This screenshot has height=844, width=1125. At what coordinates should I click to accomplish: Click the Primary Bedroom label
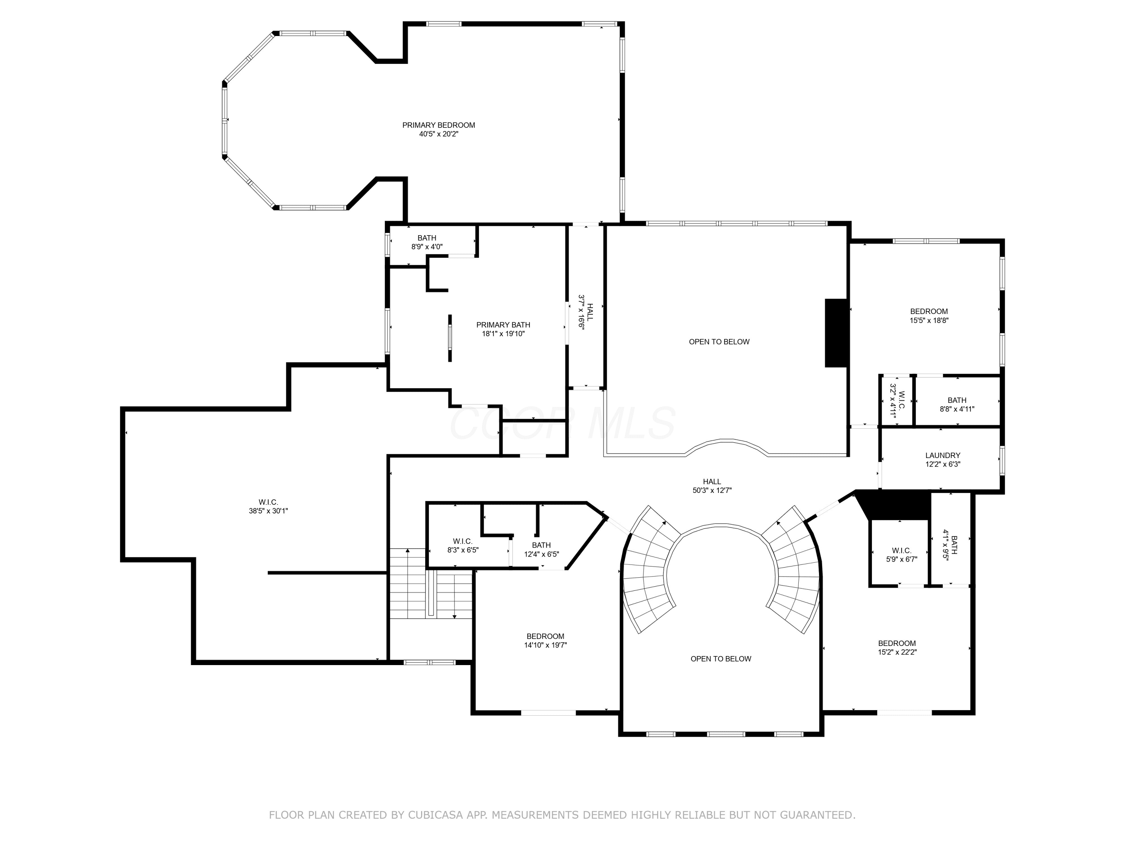pyautogui.click(x=438, y=125)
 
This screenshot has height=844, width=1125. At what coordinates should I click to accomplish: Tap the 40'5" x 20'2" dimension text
pyautogui.click(x=438, y=134)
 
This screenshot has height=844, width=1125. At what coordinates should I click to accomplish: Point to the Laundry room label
pyautogui.click(x=943, y=456)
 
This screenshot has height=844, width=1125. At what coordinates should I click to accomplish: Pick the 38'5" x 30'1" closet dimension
pyautogui.click(x=268, y=511)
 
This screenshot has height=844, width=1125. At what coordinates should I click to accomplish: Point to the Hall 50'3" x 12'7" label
pyautogui.click(x=711, y=486)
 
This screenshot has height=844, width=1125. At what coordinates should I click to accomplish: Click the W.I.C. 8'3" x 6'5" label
pyautogui.click(x=463, y=545)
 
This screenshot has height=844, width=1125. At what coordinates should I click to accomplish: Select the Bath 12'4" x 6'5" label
pyautogui.click(x=541, y=550)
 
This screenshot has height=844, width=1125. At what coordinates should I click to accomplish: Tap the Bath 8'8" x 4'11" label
pyautogui.click(x=957, y=404)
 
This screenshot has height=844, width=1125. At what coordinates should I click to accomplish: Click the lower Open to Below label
pyautogui.click(x=721, y=659)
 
